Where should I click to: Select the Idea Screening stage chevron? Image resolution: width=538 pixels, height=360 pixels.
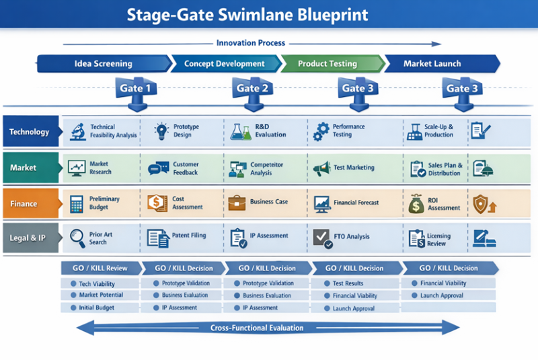(x=102, y=64)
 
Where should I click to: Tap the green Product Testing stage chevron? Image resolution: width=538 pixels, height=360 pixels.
(x=328, y=64)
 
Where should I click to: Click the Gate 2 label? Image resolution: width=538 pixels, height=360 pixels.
(x=253, y=88)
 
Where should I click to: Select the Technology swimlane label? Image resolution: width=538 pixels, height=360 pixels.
(x=30, y=132)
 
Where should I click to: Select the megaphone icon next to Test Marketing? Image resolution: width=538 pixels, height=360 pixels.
(x=321, y=168)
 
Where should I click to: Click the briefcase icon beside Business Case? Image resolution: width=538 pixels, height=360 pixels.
(x=237, y=202)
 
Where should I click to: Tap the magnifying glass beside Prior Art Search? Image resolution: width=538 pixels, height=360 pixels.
(x=76, y=238)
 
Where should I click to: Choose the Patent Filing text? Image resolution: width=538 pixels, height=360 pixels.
(x=190, y=236)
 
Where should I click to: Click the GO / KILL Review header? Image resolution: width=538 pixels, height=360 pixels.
(x=101, y=267)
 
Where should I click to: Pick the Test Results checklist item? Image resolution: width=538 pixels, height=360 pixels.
(x=348, y=283)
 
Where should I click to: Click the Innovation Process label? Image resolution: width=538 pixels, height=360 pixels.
(x=251, y=43)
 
